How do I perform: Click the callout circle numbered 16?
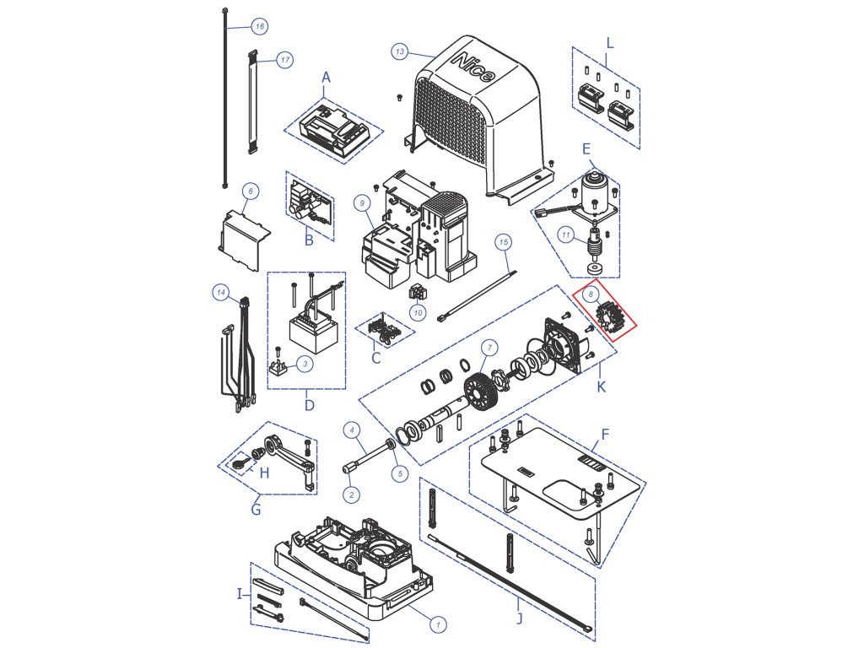click(x=260, y=27)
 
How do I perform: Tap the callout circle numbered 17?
click(x=284, y=60)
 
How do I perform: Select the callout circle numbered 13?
click(x=400, y=52)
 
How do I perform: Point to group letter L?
click(x=610, y=42)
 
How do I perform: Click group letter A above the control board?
click(x=327, y=78)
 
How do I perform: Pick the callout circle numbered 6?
click(x=249, y=192)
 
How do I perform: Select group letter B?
click(x=309, y=240)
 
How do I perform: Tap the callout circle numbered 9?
click(x=360, y=202)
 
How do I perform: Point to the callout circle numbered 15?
click(x=504, y=243)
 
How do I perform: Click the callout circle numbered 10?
click(x=418, y=313)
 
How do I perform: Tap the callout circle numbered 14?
click(x=221, y=293)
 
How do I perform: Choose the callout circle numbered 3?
click(x=304, y=364)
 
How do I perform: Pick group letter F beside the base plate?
click(x=605, y=437)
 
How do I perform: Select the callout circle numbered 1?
click(x=438, y=624)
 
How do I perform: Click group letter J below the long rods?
click(x=520, y=619)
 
